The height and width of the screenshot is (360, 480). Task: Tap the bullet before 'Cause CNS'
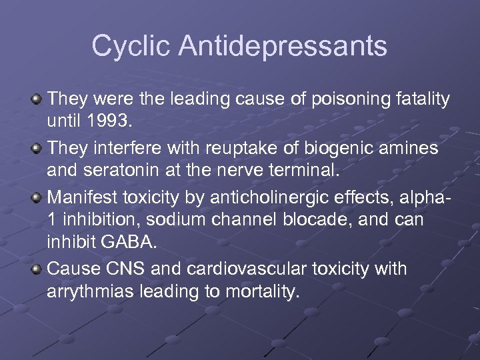pyautogui.click(x=37, y=269)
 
